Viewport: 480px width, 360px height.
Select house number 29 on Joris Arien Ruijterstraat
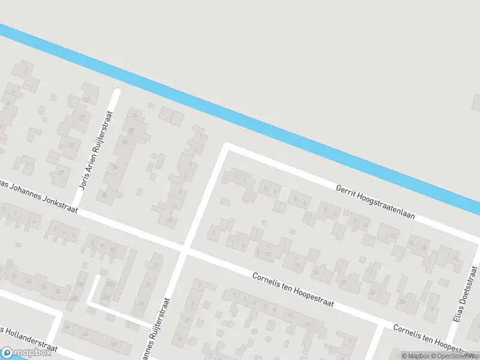pyautogui.click(x=82, y=118)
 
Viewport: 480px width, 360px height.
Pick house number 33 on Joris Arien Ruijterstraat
pyautogui.click(x=71, y=145)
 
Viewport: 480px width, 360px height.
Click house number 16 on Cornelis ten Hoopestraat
pyautogui.click(x=316, y=271)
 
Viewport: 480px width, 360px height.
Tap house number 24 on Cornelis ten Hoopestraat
pyautogui.click(x=372, y=292)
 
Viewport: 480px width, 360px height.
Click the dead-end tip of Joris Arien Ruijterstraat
pyautogui.click(x=117, y=92)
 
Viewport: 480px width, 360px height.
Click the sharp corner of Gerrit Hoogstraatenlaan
pyautogui.click(x=226, y=146)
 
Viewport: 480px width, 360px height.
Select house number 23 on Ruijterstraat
pyautogui.click(x=135, y=115)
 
